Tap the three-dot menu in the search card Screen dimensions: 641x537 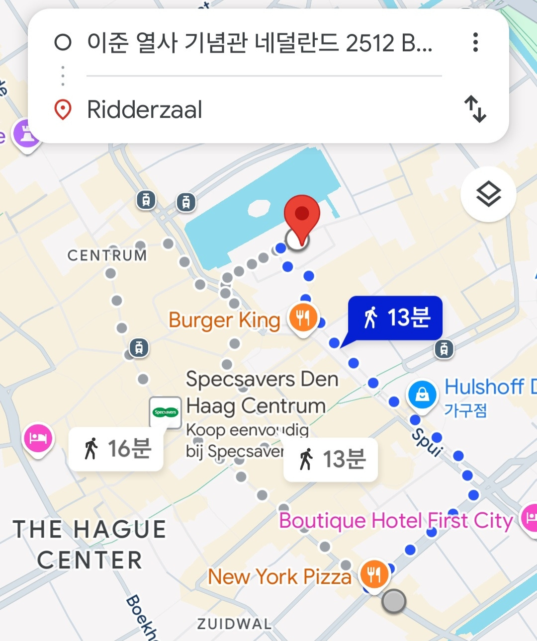[x=475, y=42]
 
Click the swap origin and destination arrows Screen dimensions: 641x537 [x=475, y=109]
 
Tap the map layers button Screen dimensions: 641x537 [x=488, y=194]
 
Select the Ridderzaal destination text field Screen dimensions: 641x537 [x=145, y=109]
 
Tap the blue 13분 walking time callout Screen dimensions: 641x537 [x=395, y=318]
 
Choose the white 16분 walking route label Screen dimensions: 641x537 [x=116, y=449]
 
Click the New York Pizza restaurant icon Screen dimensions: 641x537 [x=374, y=574]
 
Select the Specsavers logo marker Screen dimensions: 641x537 [x=166, y=412]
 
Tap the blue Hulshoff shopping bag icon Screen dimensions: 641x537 [x=422, y=395]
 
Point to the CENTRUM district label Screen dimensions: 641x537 [x=107, y=255]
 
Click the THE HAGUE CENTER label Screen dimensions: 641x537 [x=89, y=544]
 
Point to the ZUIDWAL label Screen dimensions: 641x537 [x=234, y=624]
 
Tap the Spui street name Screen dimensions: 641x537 [x=427, y=441]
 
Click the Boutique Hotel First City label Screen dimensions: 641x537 [x=395, y=521]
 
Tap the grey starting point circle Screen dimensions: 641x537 [x=394, y=601]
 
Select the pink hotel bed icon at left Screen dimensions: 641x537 [x=38, y=438]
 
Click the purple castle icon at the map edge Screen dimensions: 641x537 [x=26, y=134]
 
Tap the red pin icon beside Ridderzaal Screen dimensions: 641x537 [x=63, y=109]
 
